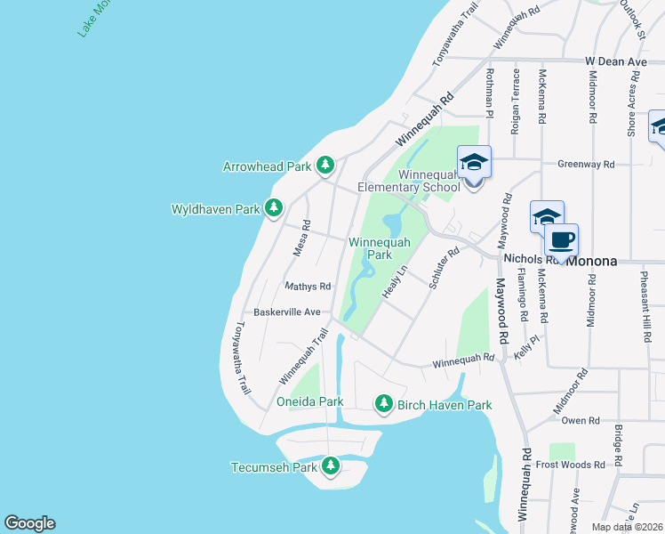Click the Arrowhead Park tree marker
tap(326, 165)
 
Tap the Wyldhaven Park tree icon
tap(275, 208)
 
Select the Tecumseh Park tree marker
tap(331, 465)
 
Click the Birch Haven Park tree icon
tap(384, 403)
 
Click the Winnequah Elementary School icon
tap(474, 163)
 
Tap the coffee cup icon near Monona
tap(562, 240)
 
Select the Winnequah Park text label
tap(380, 248)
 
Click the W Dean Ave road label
tap(616, 61)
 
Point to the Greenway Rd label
tap(586, 164)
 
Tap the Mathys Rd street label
tap(308, 287)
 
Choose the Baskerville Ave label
tap(286, 312)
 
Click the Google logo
tap(29, 523)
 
